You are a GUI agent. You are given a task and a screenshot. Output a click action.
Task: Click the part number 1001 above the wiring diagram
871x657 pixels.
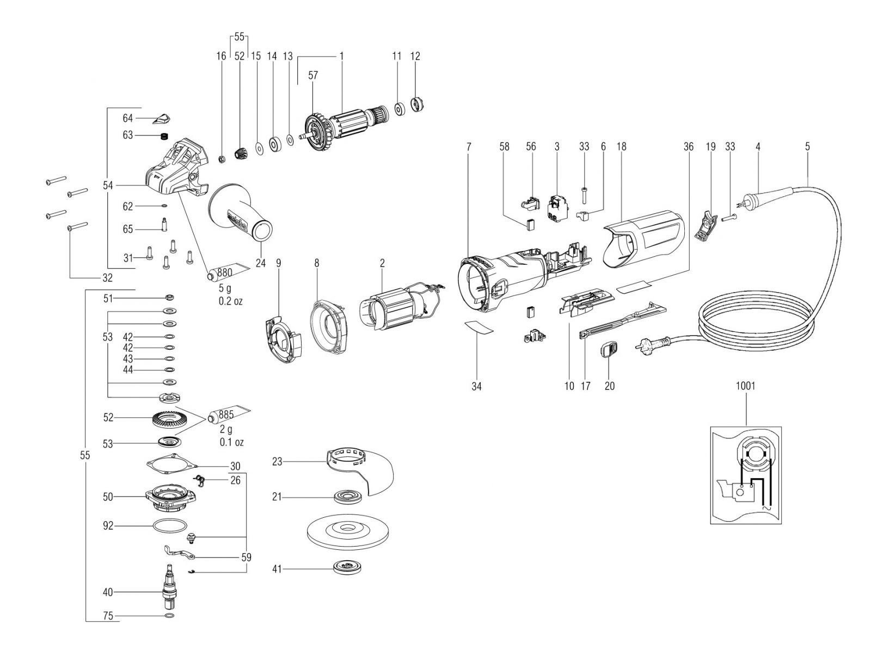click(746, 385)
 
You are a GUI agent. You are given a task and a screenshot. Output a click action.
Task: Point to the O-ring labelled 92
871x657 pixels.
click(170, 527)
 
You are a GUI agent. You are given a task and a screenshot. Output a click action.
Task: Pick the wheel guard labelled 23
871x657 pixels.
click(360, 471)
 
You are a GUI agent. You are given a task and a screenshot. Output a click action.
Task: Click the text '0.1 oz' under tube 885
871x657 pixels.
click(232, 442)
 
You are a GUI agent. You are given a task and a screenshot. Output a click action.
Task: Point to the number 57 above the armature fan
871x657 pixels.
click(313, 75)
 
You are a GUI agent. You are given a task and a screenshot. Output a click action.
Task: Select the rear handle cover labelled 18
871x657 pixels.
click(643, 238)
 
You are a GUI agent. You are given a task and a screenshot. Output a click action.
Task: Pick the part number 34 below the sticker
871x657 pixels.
click(476, 386)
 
